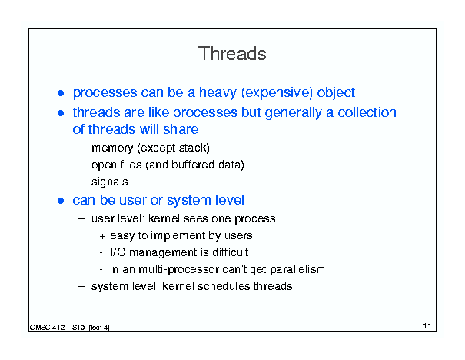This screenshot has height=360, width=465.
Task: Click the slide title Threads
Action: [232, 54]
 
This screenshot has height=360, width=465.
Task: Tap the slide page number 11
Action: [427, 326]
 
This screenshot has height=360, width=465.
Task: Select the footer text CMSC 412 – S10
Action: [57, 328]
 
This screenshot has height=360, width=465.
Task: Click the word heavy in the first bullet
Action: [218, 92]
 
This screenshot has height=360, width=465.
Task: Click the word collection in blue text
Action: [367, 112]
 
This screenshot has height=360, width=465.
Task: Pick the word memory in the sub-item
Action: [112, 148]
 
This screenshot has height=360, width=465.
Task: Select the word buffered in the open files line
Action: [193, 165]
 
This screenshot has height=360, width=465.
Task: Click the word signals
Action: [109, 182]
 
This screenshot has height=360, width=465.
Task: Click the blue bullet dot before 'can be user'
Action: [61, 201]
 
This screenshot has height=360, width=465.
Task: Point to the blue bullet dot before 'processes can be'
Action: [61, 93]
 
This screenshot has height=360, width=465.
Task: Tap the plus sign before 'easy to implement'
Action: [102, 236]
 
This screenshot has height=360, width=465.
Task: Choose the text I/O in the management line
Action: [118, 252]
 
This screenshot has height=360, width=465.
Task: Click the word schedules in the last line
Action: [224, 286]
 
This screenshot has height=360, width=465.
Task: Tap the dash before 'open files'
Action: [81, 165]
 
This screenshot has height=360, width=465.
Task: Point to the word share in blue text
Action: [181, 129]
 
